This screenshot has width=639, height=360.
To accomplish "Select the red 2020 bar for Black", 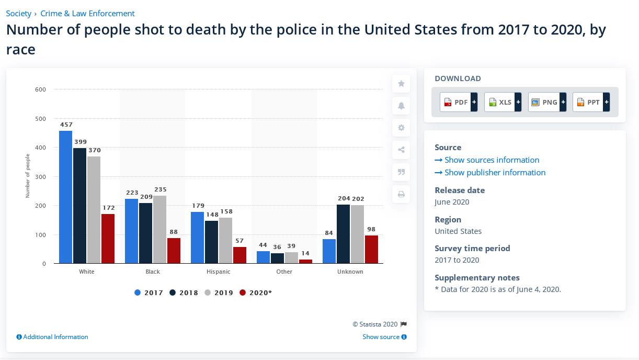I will click(x=174, y=251).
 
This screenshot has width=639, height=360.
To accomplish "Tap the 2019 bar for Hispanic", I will click(x=225, y=240).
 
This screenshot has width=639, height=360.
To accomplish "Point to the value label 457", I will click(x=66, y=125).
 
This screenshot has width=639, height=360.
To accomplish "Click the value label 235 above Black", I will click(x=160, y=189).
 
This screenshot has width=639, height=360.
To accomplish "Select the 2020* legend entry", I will click(x=256, y=292).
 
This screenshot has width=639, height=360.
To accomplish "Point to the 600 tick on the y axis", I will click(x=40, y=89).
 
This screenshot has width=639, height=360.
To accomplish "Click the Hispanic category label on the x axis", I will click(x=219, y=272).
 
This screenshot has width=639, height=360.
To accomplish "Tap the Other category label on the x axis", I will click(x=284, y=272).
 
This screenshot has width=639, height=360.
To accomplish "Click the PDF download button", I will click(x=459, y=102).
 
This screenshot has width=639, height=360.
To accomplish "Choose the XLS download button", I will click(x=503, y=102).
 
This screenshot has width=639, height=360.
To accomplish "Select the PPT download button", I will click(x=591, y=102).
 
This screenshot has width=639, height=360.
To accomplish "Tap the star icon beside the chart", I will click(x=401, y=84).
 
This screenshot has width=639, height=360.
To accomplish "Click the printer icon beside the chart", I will click(x=401, y=194).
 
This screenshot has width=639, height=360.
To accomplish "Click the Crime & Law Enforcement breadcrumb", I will click(x=87, y=14).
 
